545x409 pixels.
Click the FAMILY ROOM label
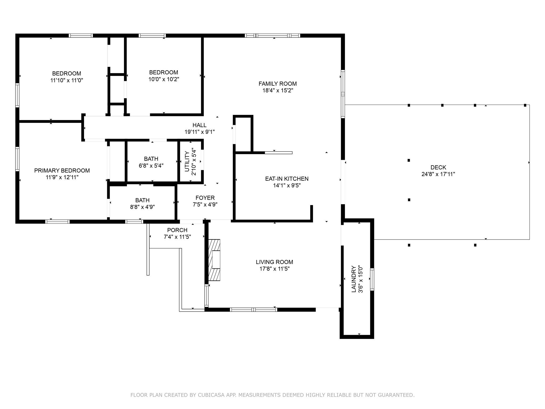point(278,84)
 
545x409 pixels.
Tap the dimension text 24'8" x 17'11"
point(438,174)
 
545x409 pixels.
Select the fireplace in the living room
point(214,260)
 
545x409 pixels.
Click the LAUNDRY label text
point(354,279)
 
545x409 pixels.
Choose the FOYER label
point(205,198)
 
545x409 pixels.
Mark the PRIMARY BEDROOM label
point(62,171)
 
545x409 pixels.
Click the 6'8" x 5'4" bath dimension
point(151,166)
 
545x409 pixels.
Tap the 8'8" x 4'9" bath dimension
point(142,207)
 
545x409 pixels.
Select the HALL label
point(199,125)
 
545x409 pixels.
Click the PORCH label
point(177,230)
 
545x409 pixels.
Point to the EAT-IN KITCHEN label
point(287,179)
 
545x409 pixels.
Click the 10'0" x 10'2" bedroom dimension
point(164,79)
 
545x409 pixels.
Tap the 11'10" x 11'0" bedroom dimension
point(67,80)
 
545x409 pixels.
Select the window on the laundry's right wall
point(372,279)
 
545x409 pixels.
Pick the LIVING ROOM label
point(274,262)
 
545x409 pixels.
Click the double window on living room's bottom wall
point(253,309)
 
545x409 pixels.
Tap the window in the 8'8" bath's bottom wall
point(134,221)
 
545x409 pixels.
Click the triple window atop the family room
point(272,35)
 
